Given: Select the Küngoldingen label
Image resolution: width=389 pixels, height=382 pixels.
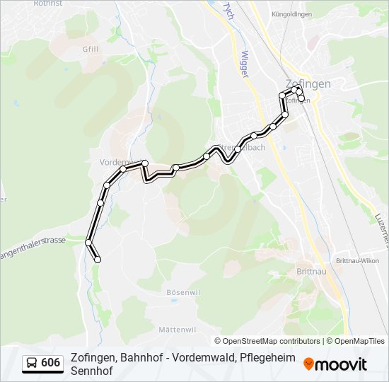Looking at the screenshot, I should coord(292,14).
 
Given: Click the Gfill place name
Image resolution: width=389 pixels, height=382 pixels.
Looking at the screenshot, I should coord(90,50).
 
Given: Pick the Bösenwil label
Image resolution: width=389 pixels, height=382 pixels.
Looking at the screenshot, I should coord(180,292).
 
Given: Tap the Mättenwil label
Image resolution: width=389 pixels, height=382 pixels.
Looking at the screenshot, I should coord(177,330).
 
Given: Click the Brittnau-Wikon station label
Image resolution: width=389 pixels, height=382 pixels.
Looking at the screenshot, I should coord(359,260).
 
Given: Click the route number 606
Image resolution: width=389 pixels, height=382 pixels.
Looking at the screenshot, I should coord(50,363).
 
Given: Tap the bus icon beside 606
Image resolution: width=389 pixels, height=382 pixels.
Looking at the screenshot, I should coord(32,364).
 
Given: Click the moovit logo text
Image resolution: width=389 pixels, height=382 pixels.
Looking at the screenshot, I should coord(342,364).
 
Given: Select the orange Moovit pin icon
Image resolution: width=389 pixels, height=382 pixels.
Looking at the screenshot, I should coord(309,364).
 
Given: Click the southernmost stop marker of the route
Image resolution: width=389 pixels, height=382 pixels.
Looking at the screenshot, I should coord(98,260).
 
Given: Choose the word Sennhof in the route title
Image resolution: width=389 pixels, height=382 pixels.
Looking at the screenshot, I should coord(90,370).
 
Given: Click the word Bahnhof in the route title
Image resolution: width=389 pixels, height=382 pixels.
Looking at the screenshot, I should coord(141,357).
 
